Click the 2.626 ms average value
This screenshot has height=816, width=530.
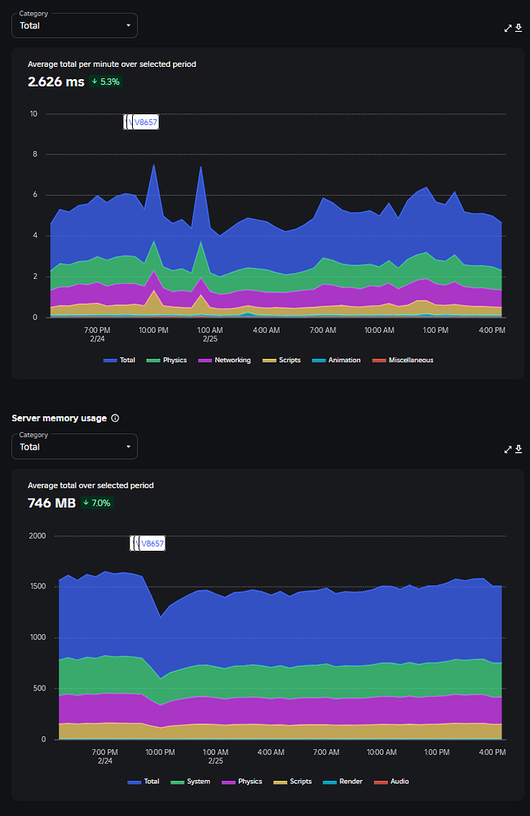click(x=55, y=82)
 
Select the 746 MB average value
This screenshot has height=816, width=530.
click(x=51, y=503)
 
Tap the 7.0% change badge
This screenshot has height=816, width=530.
click(x=97, y=503)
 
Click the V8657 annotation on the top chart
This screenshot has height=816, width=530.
click(x=144, y=122)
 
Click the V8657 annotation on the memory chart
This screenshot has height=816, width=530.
click(x=152, y=543)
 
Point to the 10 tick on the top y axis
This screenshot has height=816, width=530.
click(x=33, y=113)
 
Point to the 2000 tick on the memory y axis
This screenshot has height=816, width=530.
click(x=38, y=535)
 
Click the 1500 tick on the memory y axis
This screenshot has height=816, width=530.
click(x=38, y=586)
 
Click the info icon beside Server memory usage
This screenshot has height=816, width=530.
click(x=115, y=418)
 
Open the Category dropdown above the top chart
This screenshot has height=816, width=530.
click(x=74, y=25)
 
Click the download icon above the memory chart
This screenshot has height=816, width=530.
click(x=519, y=449)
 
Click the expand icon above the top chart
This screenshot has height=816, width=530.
click(x=508, y=28)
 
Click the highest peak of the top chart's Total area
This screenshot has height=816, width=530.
click(x=153, y=165)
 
